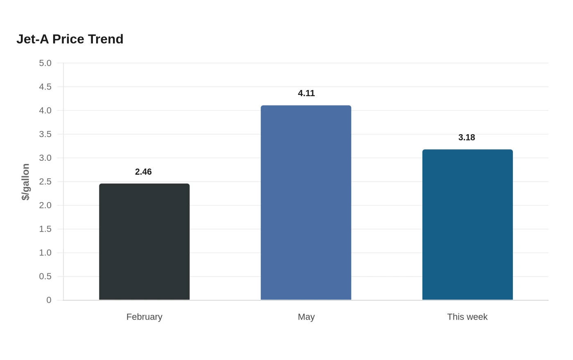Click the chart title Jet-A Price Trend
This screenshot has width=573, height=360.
pos(70,39)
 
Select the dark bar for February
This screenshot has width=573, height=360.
pos(144,242)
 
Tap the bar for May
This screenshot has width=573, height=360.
pos(306,202)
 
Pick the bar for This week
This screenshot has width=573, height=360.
pos(467,225)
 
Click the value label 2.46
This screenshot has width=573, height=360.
pos(143,172)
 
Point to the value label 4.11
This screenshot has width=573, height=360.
pos(306,93)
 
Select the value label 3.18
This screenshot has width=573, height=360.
pos(467,137)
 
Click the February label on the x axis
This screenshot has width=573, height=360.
pos(144,317)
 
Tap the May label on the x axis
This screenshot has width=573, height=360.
pos(306,317)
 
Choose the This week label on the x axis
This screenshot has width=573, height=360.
pos(467,317)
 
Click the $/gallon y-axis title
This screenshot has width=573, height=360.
pos(25,182)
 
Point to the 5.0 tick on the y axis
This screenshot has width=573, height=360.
pos(45,63)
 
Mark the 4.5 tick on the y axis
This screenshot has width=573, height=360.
pos(45,87)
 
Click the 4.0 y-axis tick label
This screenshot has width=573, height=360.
pos(45,110)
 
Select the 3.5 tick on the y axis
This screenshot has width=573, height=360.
pos(45,134)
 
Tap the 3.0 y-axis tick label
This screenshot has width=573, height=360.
pos(45,158)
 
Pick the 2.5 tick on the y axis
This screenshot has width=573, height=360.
pos(45,182)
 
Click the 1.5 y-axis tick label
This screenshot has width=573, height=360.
pos(45,229)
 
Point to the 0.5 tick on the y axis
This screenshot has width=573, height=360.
pos(45,277)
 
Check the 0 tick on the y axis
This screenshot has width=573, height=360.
pos(49,300)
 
